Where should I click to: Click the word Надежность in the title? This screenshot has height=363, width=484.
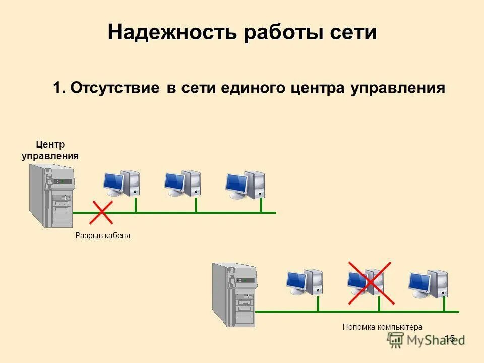click(171, 33)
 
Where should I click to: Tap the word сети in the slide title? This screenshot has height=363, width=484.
click(353, 33)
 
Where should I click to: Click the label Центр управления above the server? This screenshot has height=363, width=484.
click(50, 150)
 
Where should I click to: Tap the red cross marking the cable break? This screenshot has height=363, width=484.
click(101, 212)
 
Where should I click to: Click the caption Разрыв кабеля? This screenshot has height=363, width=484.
click(103, 235)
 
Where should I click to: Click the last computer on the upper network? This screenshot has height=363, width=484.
click(245, 185)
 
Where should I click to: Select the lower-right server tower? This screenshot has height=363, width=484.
click(234, 294)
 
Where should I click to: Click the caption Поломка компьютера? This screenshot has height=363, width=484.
click(383, 327)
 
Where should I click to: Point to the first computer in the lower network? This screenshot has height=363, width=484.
click(305, 282)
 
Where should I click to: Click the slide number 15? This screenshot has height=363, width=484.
click(450, 338)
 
